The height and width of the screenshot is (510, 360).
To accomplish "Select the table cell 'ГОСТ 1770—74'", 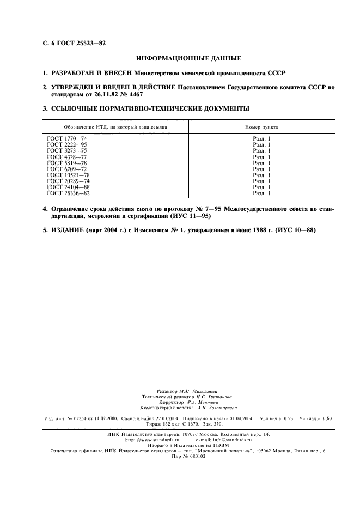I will pos(66,139).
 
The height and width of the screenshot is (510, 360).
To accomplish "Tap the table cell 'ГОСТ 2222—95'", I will pos(66,144).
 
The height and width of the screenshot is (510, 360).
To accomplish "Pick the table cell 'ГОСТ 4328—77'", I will pos(66,157).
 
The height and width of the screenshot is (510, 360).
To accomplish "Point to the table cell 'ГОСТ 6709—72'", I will pos(66,169).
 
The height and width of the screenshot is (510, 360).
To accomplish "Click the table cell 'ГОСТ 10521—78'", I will pos(68,175).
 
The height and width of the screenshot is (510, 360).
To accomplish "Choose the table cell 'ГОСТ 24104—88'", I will pos(68,187).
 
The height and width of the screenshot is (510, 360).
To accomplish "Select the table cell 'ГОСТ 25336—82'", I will pos(68,193).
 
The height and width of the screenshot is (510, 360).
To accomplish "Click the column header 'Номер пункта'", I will pos(261,126).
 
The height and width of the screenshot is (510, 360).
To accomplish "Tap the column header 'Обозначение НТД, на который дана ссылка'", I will pos(116,126).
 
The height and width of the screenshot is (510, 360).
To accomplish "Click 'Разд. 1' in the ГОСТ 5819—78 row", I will pos(261,163).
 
